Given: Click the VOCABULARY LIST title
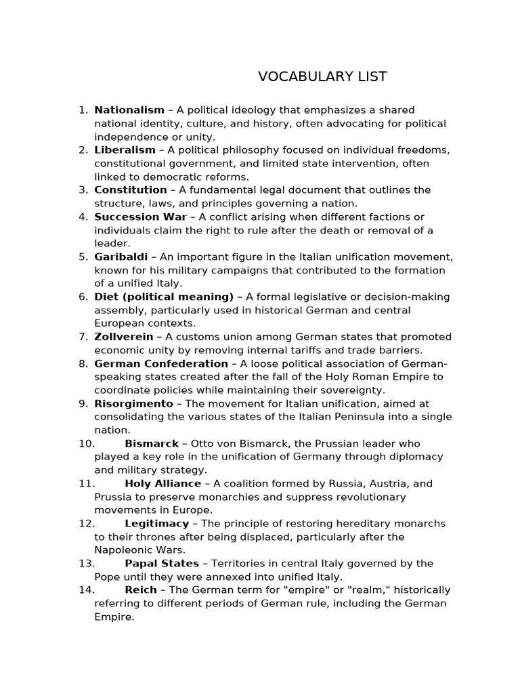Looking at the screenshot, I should (322, 76).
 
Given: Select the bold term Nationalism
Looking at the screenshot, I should (129, 110).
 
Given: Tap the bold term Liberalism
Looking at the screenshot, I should (125, 150).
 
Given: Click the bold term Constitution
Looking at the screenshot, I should (131, 189).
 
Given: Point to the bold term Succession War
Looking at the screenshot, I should (141, 217).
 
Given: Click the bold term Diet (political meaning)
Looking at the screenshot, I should (164, 296).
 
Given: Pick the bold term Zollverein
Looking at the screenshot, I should (124, 336).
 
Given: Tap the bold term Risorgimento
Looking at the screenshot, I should (134, 403).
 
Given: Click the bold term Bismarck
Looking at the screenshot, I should (152, 443).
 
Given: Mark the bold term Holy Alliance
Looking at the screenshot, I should (163, 483).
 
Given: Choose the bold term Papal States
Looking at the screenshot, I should (162, 563).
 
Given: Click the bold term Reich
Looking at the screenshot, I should (141, 589).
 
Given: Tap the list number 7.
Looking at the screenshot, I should (83, 336).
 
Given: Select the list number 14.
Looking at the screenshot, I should (86, 589).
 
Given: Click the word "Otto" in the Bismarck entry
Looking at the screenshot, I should (202, 443).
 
